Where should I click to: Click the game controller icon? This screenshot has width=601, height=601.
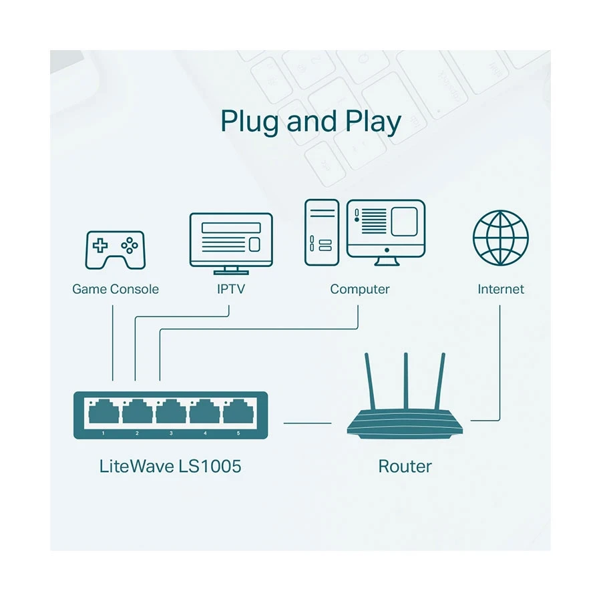[115, 250]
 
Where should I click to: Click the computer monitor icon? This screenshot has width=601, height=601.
[386, 230]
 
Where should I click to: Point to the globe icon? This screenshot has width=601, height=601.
[500, 237]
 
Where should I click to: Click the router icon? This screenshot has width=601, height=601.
[404, 425]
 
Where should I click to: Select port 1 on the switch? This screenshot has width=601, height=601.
[104, 413]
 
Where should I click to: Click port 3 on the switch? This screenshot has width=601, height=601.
[171, 413]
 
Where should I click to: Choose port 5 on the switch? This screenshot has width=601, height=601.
[238, 413]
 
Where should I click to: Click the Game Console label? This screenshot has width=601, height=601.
[116, 289]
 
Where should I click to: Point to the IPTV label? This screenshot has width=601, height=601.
[230, 289]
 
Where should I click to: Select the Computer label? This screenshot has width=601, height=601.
[359, 289]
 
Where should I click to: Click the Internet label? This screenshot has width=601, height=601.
[500, 289]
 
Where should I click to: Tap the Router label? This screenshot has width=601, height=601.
[405, 466]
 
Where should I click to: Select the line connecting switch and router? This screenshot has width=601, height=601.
[307, 422]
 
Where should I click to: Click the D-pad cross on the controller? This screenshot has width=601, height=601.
[100, 245]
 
